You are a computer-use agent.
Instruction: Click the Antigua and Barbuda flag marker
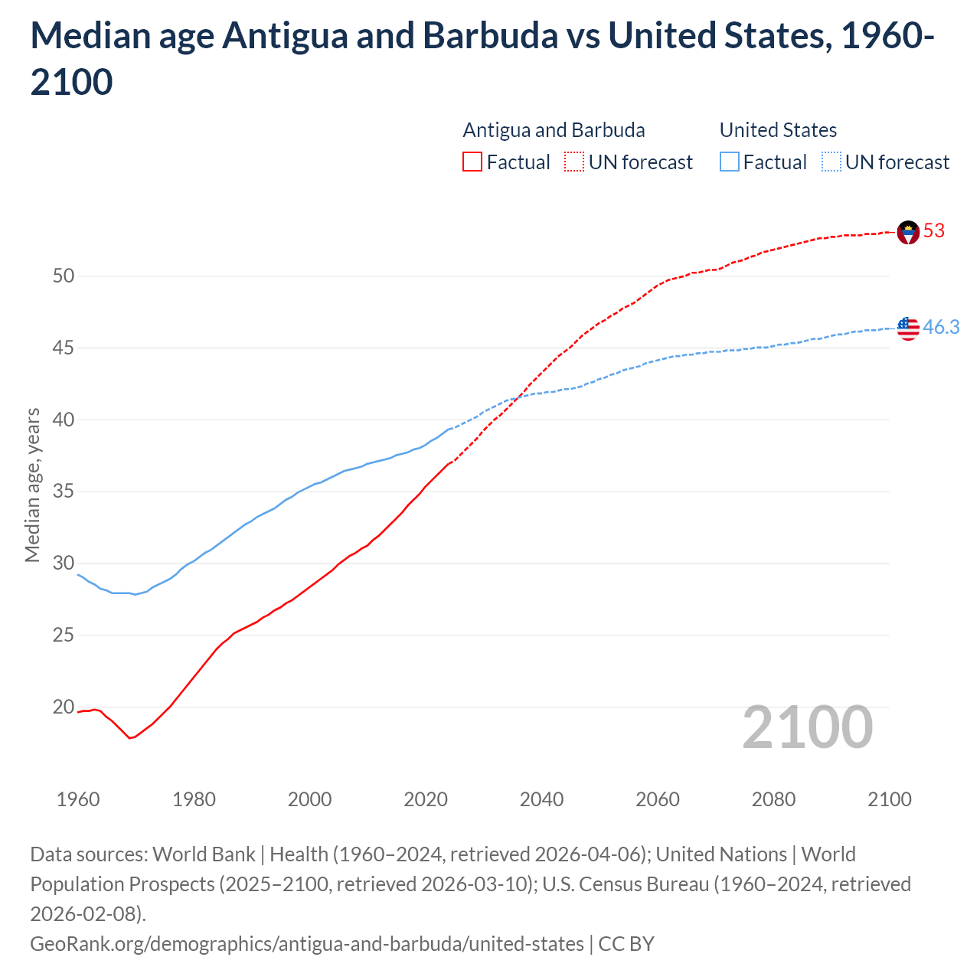pyautogui.click(x=908, y=232)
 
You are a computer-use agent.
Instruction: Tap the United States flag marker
pyautogui.click(x=908, y=328)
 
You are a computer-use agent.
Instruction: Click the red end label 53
pyautogui.click(x=934, y=230)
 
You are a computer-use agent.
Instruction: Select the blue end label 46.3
pyautogui.click(x=941, y=327)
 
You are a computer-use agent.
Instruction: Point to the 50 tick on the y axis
pyautogui.click(x=64, y=276)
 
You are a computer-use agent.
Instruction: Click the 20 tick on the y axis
pyautogui.click(x=64, y=707)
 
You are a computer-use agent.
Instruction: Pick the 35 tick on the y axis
pyautogui.click(x=64, y=491)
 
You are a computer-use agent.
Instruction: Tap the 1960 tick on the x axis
pyautogui.click(x=78, y=799)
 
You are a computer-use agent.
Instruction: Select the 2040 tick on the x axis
pyautogui.click(x=541, y=799)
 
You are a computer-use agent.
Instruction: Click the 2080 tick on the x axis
pyautogui.click(x=773, y=799)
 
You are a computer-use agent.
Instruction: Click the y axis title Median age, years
pyautogui.click(x=32, y=485)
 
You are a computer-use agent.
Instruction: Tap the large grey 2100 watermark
pyautogui.click(x=807, y=727)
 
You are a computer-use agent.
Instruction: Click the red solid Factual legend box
pyautogui.click(x=472, y=162)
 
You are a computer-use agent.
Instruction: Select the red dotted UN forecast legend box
pyautogui.click(x=574, y=162)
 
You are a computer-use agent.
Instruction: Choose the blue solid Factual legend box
pyautogui.click(x=730, y=162)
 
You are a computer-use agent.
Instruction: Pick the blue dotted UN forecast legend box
pyautogui.click(x=831, y=162)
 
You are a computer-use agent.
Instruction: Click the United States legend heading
pyautogui.click(x=778, y=130)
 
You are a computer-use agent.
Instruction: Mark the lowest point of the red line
pyautogui.click(x=130, y=738)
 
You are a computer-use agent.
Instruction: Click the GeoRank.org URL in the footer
pyautogui.click(x=307, y=944)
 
